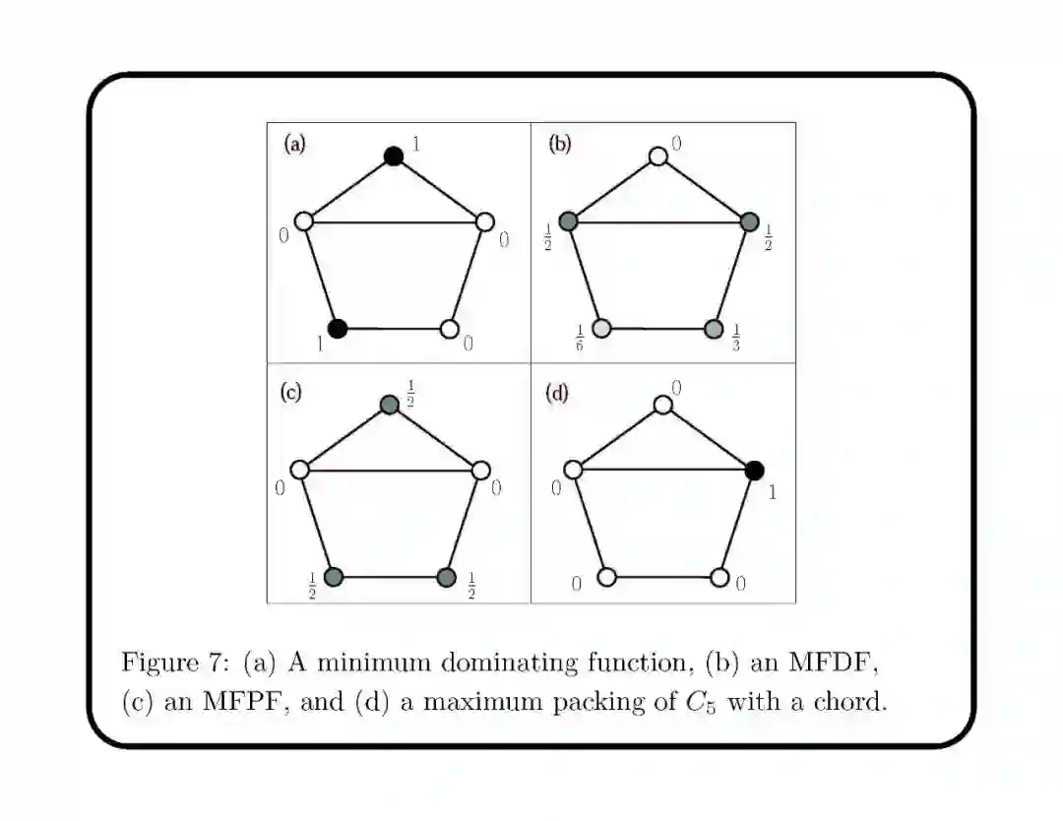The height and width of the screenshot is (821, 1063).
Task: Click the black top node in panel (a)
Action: [x=394, y=156]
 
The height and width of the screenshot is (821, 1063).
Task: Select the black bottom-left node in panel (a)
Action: [x=338, y=329]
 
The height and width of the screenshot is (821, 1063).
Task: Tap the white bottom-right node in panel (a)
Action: [x=450, y=329]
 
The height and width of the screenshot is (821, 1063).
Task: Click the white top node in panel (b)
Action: [x=658, y=156]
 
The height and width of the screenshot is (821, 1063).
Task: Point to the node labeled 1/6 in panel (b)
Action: [x=602, y=329]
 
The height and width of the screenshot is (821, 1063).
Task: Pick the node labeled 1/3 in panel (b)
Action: [x=715, y=329]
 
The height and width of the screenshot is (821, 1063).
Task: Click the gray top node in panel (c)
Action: [x=390, y=404]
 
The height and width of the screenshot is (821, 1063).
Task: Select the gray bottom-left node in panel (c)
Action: [x=334, y=577]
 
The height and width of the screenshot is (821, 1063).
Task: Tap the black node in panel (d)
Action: [x=755, y=471]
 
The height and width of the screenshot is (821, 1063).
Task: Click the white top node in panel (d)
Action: [x=663, y=404]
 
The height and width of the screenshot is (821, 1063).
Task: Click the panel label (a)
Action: [x=295, y=144]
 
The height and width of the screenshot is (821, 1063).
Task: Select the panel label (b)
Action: [x=559, y=144]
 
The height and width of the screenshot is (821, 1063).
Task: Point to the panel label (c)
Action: [x=291, y=392]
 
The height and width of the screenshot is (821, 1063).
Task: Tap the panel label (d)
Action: [x=557, y=393]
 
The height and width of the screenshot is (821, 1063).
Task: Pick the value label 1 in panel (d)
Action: [x=772, y=491]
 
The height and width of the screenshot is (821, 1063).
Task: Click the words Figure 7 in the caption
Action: [x=174, y=662]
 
